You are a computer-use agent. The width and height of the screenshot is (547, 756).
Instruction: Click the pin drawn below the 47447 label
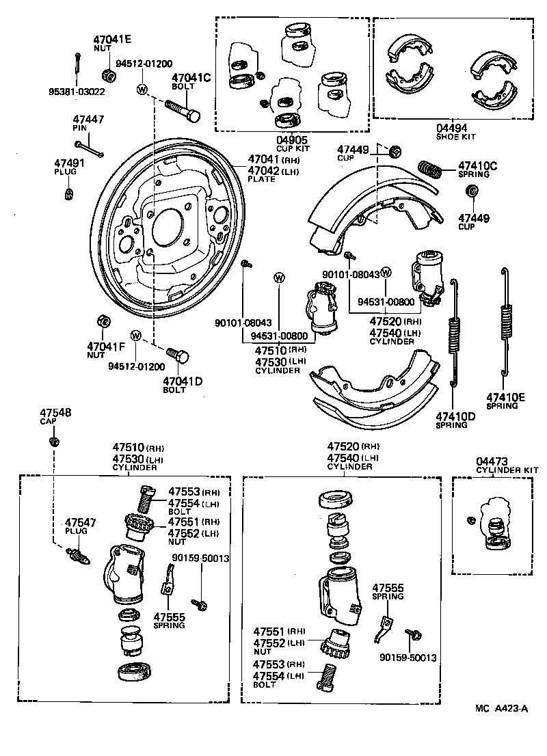click(x=90, y=148)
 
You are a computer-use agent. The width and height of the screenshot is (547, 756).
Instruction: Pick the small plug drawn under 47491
click(x=69, y=195)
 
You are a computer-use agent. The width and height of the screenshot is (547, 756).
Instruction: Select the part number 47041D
click(x=183, y=381)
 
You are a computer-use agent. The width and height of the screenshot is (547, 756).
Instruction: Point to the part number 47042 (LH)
click(x=263, y=171)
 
